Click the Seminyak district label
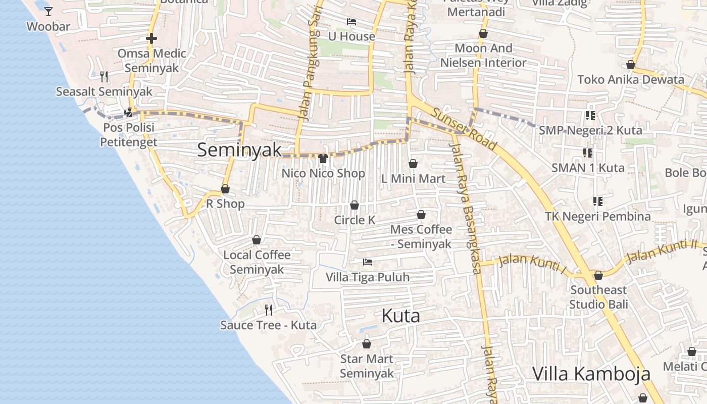point(239,149)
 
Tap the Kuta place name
point(400,316)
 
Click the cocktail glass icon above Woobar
point(48,11)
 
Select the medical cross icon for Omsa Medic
point(151,38)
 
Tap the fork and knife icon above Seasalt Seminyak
point(104,76)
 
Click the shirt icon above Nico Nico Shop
point(324,158)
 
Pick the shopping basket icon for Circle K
point(355,205)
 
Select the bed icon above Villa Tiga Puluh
point(368,262)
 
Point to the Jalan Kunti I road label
point(532,263)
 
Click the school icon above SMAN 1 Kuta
point(587,153)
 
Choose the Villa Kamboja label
point(591,374)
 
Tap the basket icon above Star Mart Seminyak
point(367,344)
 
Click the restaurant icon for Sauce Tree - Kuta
point(269,310)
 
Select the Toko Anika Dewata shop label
point(631,79)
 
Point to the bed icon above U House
point(351,21)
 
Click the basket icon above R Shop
point(225,189)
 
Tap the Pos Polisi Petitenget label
point(129,135)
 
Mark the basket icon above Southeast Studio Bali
point(598,275)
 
